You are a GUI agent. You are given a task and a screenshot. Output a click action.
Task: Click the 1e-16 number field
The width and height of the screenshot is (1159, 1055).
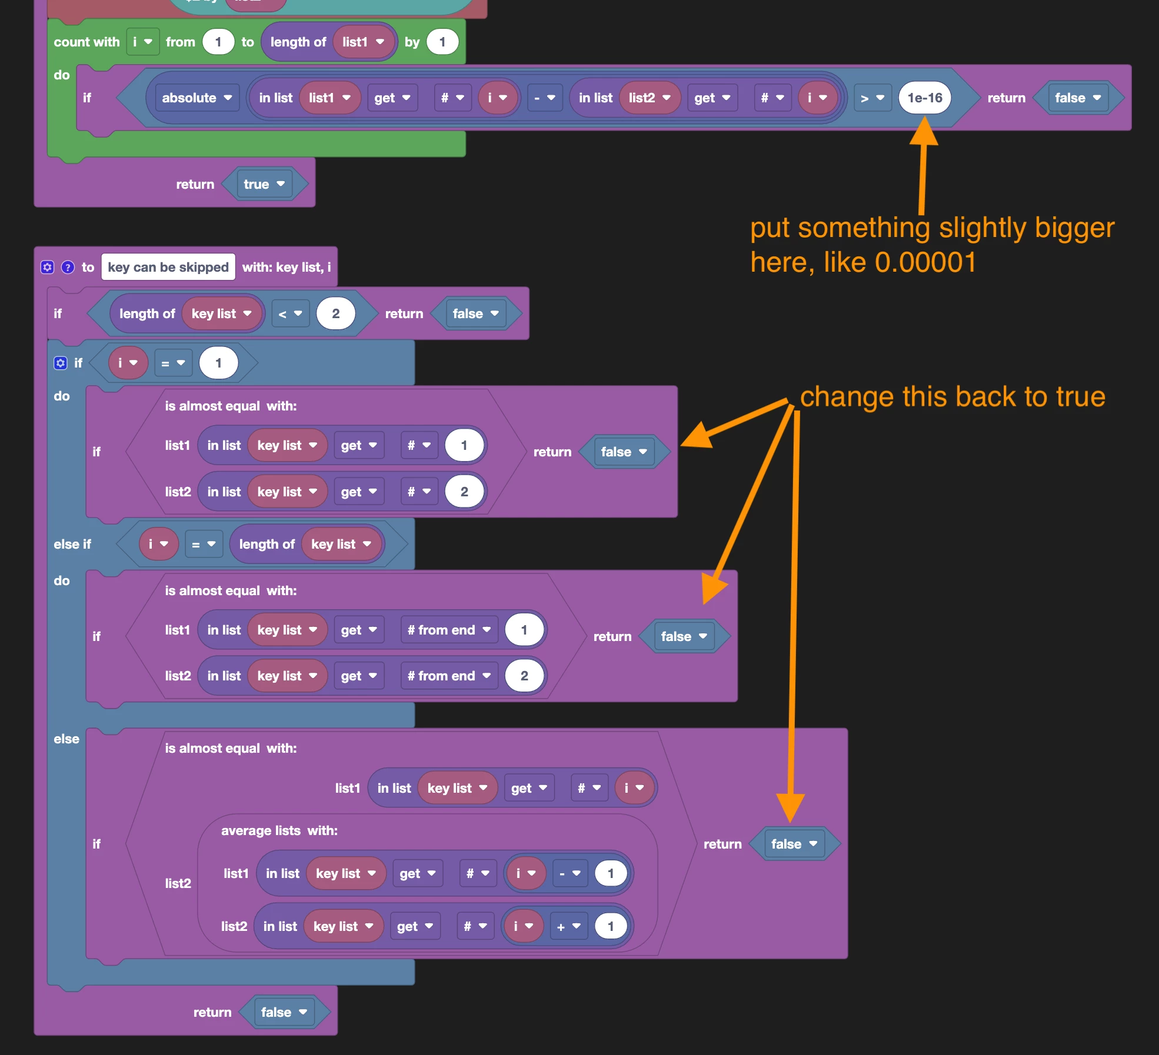click(924, 98)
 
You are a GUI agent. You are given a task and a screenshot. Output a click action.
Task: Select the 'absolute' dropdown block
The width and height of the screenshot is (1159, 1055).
click(197, 98)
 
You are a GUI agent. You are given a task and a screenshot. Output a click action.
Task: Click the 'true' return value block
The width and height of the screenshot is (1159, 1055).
click(264, 184)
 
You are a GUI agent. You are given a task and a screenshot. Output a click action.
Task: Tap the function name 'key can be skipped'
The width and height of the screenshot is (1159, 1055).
click(168, 267)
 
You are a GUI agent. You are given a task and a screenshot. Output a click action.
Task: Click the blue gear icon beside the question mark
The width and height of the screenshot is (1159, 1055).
click(47, 267)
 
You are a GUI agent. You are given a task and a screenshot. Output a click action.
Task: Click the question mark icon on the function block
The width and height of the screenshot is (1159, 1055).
click(68, 267)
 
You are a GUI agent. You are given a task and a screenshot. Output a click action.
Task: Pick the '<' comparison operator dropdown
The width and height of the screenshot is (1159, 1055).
click(291, 313)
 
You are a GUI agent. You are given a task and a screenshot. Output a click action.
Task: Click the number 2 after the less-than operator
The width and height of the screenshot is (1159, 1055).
click(335, 313)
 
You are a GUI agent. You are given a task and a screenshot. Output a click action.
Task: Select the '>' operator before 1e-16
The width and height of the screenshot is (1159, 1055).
click(872, 98)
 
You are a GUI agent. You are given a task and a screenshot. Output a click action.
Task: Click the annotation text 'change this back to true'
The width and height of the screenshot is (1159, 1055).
click(952, 396)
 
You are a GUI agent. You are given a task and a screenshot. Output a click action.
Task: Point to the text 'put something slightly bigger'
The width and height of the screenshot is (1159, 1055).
click(932, 228)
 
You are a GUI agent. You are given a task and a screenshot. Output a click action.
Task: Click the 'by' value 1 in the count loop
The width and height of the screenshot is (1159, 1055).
click(442, 42)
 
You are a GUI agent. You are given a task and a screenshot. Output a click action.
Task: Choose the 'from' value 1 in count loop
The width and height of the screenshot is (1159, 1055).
click(218, 42)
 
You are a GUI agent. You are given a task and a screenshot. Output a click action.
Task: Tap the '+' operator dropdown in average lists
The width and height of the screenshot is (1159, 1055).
click(568, 926)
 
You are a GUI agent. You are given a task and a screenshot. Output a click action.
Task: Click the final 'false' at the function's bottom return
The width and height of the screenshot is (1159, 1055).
click(284, 1012)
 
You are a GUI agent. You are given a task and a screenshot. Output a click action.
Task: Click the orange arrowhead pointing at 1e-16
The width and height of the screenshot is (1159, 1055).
click(924, 130)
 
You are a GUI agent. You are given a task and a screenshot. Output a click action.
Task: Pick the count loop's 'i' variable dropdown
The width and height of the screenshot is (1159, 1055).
click(142, 42)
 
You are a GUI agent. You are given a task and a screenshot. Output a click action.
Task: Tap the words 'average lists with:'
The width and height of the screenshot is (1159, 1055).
click(279, 830)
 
